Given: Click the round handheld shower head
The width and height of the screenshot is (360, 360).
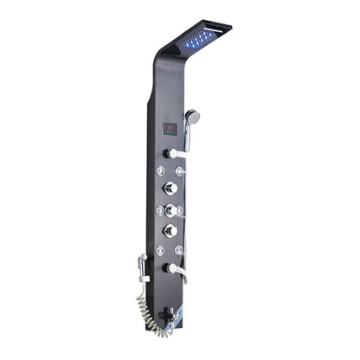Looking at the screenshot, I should click(194, 116).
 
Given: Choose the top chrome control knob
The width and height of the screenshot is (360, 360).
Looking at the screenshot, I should click(170, 190).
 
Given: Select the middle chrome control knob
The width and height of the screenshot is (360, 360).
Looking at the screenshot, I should click(170, 209).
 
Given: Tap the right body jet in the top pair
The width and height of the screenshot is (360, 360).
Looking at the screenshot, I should click(183, 170).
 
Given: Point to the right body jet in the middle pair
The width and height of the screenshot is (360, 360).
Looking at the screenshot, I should click(181, 209).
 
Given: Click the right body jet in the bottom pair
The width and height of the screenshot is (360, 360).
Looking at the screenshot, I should click(180, 249).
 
